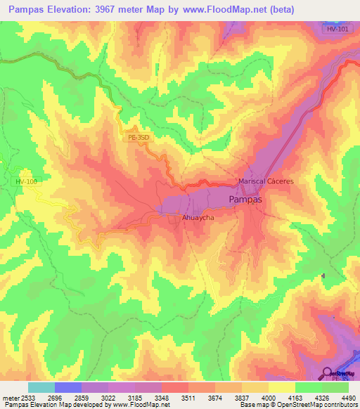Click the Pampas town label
[x=246, y=200]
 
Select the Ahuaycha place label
[x=198, y=218]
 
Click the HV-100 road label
[x=27, y=182]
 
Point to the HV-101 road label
[x=338, y=30]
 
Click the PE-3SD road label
[x=140, y=138]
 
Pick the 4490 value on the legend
[x=347, y=398]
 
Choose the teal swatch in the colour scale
[x=41, y=387]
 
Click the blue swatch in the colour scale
[x=68, y=387]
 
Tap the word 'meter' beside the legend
[x=10, y=398]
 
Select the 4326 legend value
[x=321, y=398]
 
